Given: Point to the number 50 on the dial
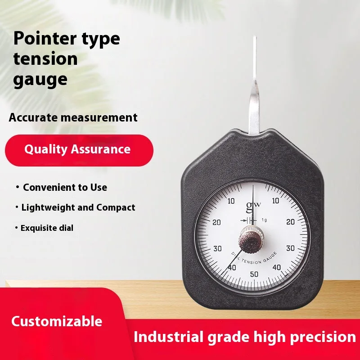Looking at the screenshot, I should tap(254, 274).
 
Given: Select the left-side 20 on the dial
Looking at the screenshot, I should tap(217, 222).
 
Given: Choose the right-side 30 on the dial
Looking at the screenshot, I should tap(290, 248).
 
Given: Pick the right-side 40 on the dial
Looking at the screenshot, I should tap(276, 267).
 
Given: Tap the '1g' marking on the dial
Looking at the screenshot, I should tap(264, 220).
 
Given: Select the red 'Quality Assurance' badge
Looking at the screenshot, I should tap(77, 149).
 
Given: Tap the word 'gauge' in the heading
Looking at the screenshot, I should tap(40, 79).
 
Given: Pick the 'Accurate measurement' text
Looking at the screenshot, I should tap(73, 118).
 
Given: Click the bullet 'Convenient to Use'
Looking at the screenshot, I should tap(65, 187).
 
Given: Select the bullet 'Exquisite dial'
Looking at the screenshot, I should tap(47, 228).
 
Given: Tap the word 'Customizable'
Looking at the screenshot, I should tap(57, 321).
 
